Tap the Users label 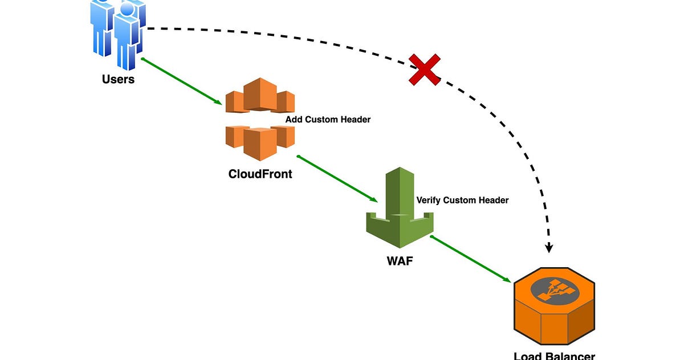(118, 79)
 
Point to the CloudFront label (260, 174)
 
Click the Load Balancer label (554, 356)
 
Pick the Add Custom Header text (328, 120)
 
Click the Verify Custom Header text (462, 200)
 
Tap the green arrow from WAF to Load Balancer (470, 259)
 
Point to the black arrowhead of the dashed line (549, 248)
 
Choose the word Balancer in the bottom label (571, 356)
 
